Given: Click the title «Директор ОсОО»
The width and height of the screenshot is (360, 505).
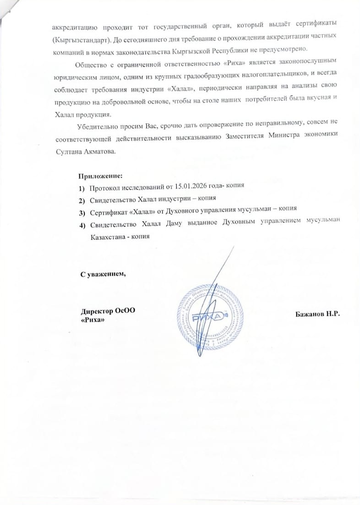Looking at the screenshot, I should coord(108,311).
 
